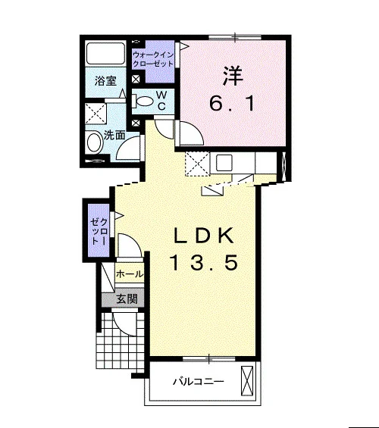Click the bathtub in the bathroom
(x=105, y=54)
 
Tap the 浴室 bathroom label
(x=105, y=81)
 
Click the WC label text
(x=161, y=101)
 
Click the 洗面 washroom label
(x=114, y=135)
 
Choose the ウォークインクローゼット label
(x=153, y=59)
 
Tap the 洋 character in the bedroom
(x=233, y=76)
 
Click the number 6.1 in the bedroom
(x=232, y=104)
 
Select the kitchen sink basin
(x=224, y=163)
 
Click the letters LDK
(x=204, y=236)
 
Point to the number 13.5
(x=204, y=262)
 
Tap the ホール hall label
(x=129, y=273)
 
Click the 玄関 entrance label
(x=127, y=299)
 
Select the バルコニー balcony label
(x=199, y=381)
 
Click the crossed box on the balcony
(x=247, y=380)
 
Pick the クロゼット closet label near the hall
(x=99, y=231)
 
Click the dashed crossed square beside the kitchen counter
(x=197, y=164)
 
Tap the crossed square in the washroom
(x=96, y=114)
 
